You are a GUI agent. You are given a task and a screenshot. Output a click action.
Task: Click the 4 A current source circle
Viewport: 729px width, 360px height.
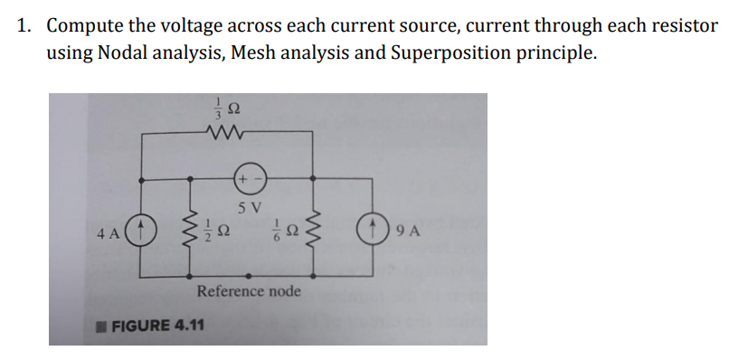(x=148, y=230)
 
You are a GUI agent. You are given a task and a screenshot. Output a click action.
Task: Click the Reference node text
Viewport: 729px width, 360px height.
(x=249, y=291)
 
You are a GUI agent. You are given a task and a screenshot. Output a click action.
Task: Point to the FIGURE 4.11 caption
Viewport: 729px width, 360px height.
(x=150, y=324)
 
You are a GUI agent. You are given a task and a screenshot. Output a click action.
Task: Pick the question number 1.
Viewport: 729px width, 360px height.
(x=25, y=24)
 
